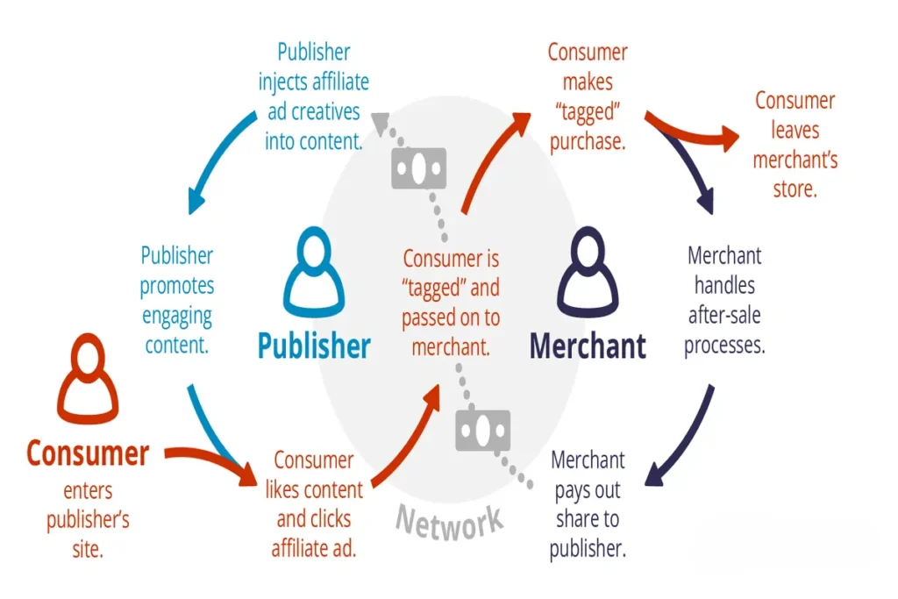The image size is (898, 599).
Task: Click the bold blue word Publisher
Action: click(x=314, y=346)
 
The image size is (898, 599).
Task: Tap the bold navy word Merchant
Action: click(x=588, y=346)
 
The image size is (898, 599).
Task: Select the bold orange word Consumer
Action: click(x=88, y=453)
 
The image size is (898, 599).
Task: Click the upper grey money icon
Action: click(x=418, y=168)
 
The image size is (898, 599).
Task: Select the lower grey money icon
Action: click(x=481, y=429)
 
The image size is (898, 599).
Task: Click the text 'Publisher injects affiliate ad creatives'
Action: click(x=313, y=96)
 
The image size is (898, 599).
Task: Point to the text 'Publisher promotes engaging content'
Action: click(x=177, y=300)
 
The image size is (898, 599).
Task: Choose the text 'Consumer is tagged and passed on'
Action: click(x=450, y=303)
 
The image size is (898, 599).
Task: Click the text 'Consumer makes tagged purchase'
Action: click(x=588, y=96)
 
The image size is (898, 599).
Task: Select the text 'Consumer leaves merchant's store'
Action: click(x=795, y=145)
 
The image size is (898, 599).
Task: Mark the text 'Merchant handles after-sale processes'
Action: click(x=724, y=300)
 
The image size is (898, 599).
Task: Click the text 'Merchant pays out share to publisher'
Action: click(x=588, y=503)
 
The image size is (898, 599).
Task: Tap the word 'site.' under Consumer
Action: click(x=87, y=549)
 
